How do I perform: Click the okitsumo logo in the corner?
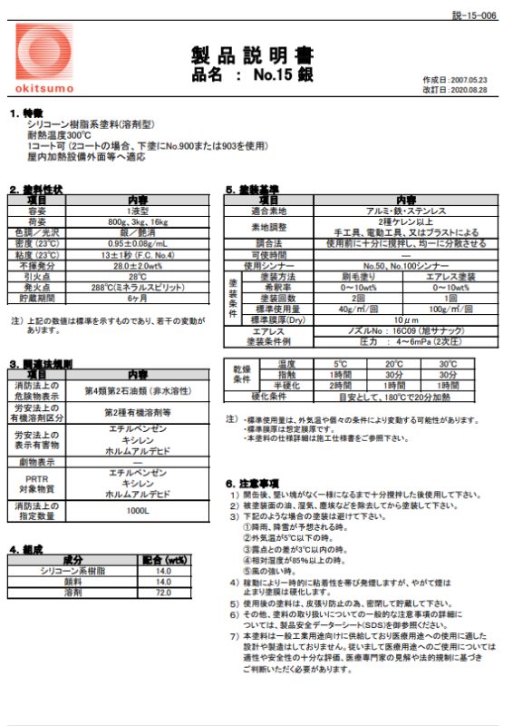(43, 55)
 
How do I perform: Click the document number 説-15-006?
(474, 16)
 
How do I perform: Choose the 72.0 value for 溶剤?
(163, 592)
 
